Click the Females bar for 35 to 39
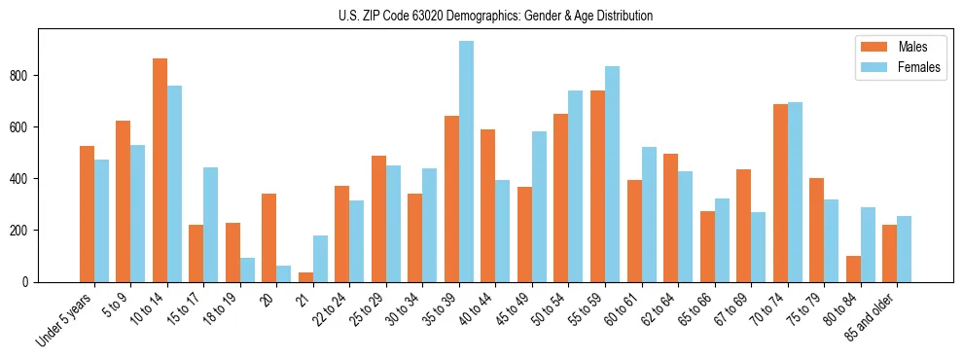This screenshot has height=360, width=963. click(x=466, y=162)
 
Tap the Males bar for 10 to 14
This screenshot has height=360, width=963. click(x=160, y=170)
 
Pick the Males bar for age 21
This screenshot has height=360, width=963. click(x=305, y=277)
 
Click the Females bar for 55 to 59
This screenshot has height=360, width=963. click(x=612, y=174)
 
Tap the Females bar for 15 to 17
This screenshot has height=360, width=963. click(x=211, y=225)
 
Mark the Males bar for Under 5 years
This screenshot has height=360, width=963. click(x=87, y=214)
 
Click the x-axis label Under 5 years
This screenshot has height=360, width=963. click(x=66, y=317)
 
